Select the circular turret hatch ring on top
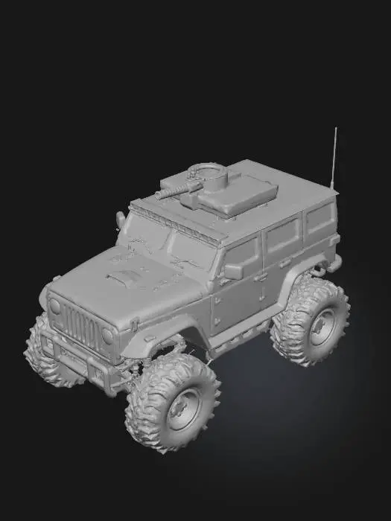pos(209,174)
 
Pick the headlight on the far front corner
pos(54,305)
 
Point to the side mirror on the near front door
pos(233,271)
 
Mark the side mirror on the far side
pos(120,220)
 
